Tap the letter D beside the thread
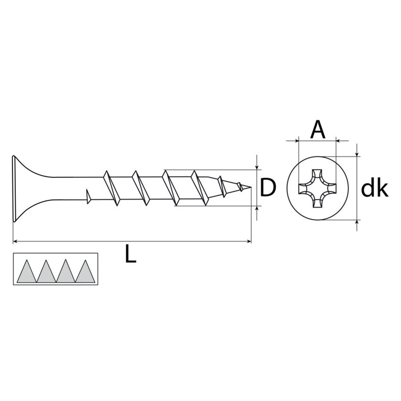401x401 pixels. pos(268,188)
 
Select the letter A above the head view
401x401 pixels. pos(317,130)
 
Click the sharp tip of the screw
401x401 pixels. pos(251,187)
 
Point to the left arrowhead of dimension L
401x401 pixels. pos(15,241)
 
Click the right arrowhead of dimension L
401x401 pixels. pos(249,241)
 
